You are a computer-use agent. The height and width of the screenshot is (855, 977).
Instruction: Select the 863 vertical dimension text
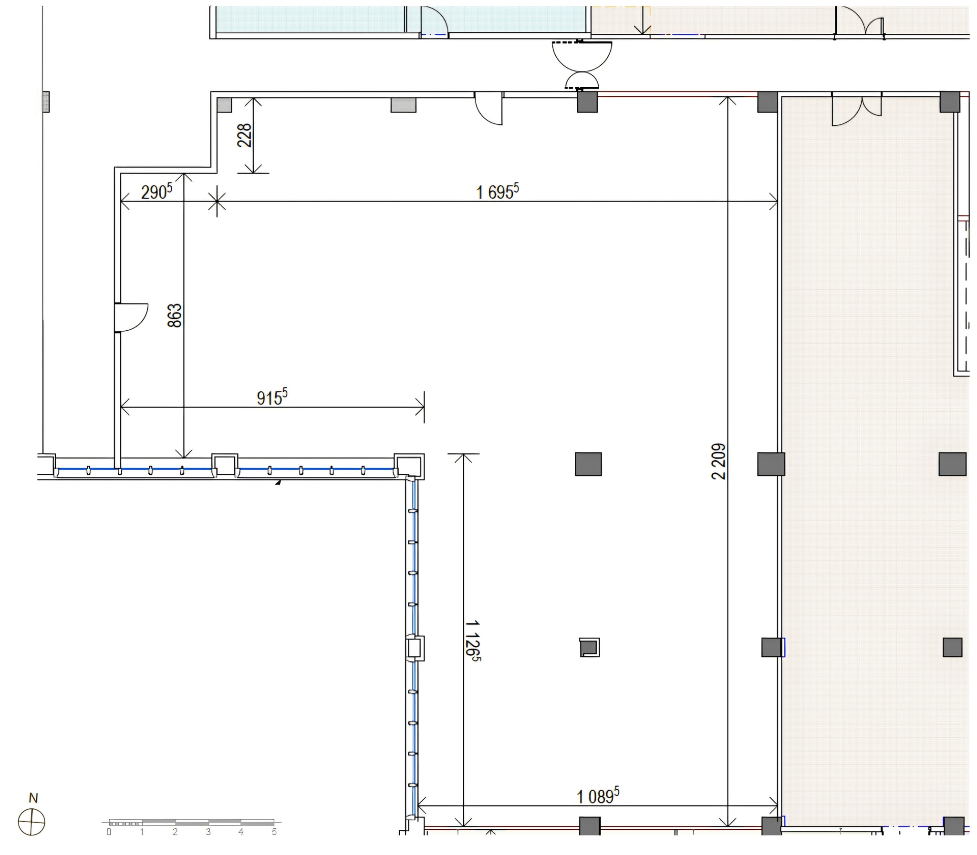[175, 316]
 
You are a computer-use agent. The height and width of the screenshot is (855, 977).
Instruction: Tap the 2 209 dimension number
[718, 461]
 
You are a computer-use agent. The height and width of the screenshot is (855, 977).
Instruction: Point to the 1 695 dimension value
[497, 191]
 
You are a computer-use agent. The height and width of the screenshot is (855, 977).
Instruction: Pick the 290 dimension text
[156, 191]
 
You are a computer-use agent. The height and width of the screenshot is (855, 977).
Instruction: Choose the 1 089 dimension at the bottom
[598, 795]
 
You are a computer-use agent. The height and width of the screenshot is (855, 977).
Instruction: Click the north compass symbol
[31, 822]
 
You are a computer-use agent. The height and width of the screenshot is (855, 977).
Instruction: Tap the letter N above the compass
[33, 798]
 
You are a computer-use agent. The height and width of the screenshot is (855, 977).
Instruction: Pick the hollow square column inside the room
[590, 648]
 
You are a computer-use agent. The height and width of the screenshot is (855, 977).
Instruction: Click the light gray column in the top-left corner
[224, 105]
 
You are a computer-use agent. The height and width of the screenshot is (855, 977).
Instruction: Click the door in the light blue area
[434, 21]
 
